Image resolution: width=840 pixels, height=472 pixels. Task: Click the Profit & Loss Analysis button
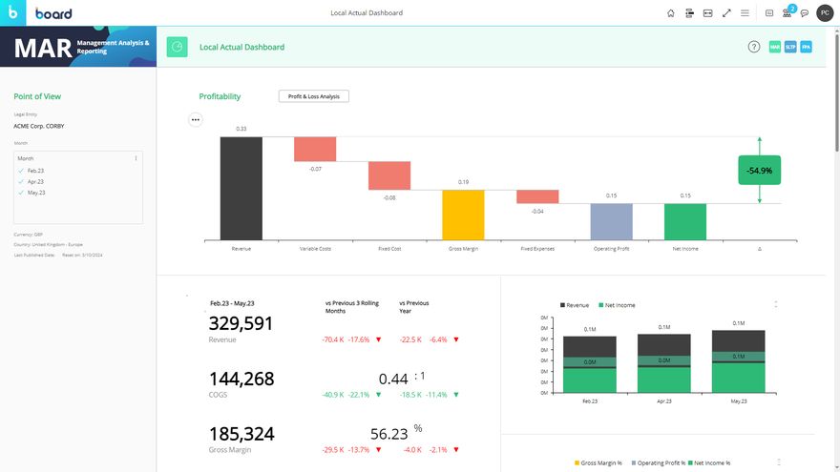point(314,96)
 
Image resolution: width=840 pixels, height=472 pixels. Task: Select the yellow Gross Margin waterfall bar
point(463,215)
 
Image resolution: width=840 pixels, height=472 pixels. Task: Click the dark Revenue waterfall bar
point(241,188)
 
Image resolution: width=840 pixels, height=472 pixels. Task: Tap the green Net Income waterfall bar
point(684,222)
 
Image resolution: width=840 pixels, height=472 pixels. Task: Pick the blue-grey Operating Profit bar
point(611,222)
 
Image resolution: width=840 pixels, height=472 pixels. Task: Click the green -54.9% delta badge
point(759,171)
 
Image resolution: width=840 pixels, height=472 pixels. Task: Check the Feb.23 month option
point(35,170)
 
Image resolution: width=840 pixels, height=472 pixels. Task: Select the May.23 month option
point(35,193)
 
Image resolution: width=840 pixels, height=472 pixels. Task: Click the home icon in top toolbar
point(670,13)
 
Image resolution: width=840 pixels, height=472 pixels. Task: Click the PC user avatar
point(824,13)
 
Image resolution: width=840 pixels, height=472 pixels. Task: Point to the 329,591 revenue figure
point(241,323)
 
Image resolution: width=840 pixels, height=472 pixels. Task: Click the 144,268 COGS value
point(241,379)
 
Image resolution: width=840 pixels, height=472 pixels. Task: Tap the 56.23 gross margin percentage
point(389,434)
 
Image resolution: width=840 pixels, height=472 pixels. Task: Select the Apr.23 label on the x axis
point(663,401)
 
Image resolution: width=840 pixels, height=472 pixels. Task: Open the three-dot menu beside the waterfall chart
point(195,120)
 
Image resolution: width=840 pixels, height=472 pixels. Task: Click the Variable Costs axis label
point(315,248)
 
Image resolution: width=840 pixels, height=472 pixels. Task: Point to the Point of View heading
point(37,96)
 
